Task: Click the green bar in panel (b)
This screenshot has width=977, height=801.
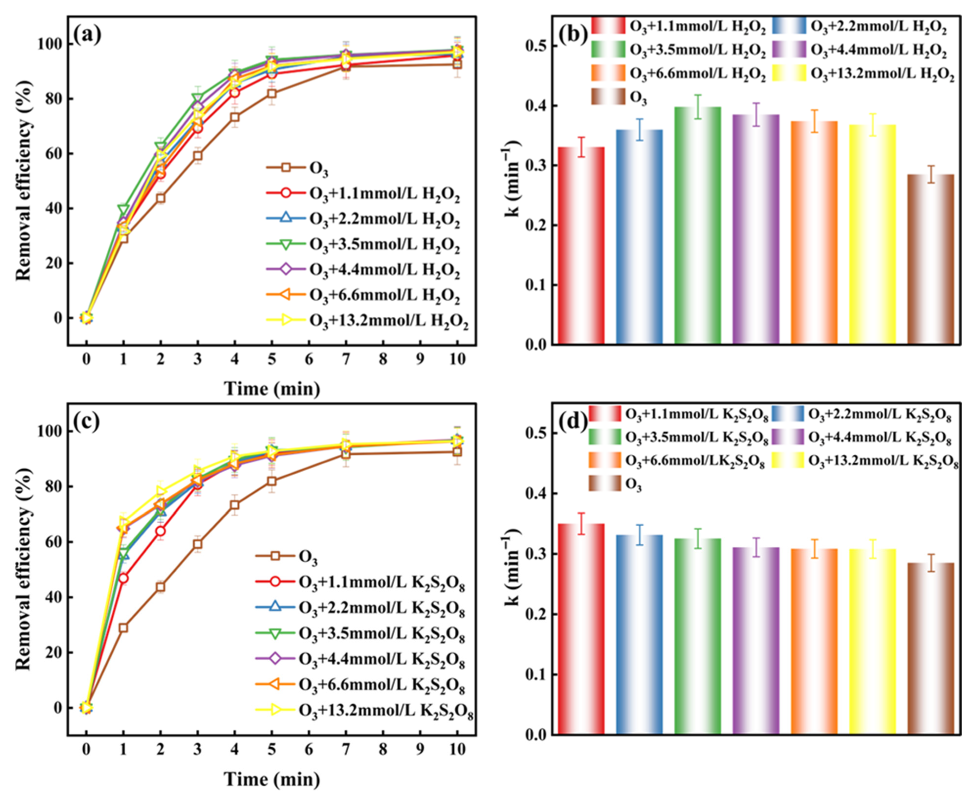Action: [x=697, y=226]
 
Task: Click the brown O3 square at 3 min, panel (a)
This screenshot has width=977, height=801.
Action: [x=198, y=156]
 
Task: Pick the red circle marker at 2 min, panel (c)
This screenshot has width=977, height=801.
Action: [x=160, y=531]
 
